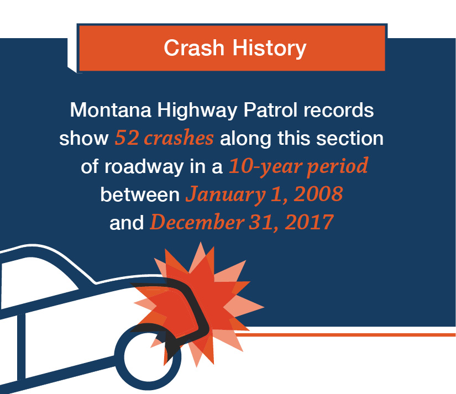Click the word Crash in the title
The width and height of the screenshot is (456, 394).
coord(194,48)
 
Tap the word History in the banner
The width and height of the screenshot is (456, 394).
coord(269,49)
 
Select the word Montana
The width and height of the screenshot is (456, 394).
coord(111,110)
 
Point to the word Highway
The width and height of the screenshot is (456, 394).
coord(197,111)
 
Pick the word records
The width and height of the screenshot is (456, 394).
coord(338,110)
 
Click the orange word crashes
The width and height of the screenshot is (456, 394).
coord(179,138)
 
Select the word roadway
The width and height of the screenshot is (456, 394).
coord(144,168)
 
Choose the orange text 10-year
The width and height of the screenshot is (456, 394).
coord(265,167)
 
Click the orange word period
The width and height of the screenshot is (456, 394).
coord(338,167)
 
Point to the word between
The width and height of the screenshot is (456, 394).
coord(140,195)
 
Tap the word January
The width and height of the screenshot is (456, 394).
coord(226,195)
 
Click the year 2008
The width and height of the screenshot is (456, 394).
coord(318,194)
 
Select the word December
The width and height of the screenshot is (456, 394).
coord(197,223)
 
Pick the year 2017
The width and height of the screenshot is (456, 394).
coord(309,223)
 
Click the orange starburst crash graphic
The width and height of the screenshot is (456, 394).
coord(201,302)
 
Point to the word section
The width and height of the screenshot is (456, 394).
coord(350,138)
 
